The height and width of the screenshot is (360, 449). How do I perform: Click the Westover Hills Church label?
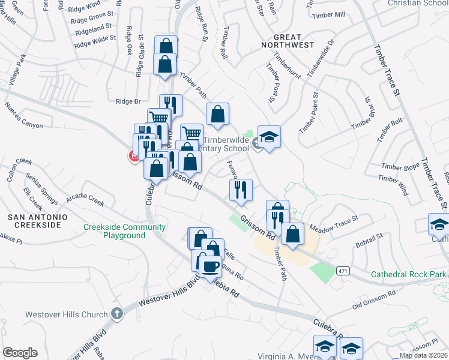pos(67,314)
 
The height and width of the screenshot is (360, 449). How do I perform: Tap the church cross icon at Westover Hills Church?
pos(116,314)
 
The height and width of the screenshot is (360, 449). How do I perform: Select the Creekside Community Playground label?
pos(124,231)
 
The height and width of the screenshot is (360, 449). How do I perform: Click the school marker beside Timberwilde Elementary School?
pos(270,138)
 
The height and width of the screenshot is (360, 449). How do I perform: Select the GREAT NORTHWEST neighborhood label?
pos(285,41)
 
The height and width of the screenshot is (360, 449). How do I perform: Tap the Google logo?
pos(20,353)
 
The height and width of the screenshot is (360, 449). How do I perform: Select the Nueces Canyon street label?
pos(23,116)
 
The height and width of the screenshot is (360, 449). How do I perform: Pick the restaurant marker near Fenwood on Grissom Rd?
pos(241,190)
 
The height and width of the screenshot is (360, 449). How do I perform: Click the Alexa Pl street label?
pos(11,239)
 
